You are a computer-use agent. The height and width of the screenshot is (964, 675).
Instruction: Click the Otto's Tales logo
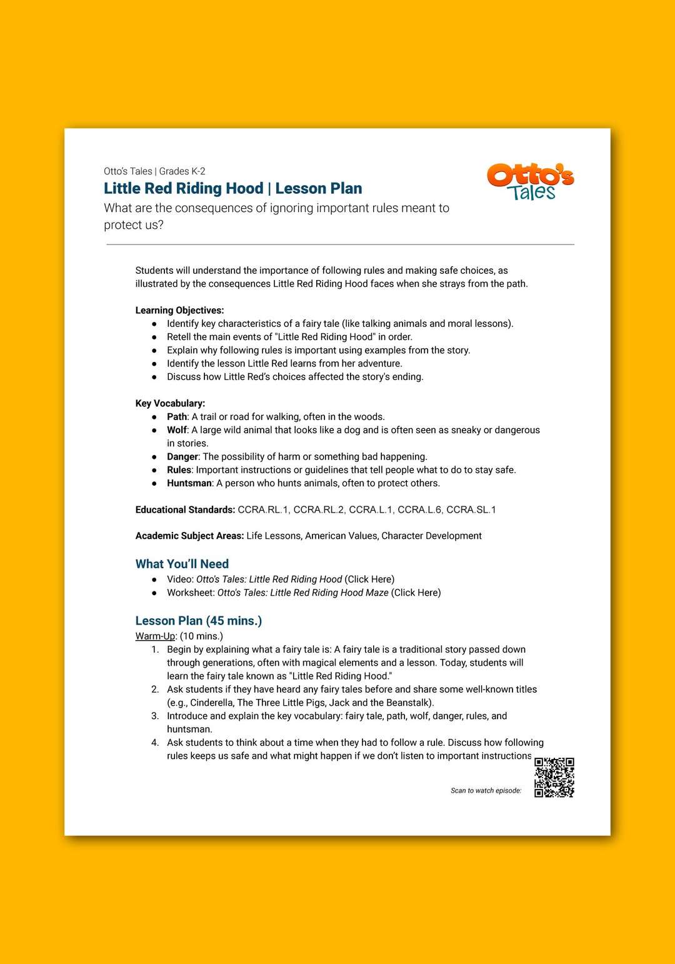(530, 182)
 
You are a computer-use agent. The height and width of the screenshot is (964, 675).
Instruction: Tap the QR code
(554, 778)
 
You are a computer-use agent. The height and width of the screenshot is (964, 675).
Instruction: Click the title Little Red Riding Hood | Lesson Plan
(232, 188)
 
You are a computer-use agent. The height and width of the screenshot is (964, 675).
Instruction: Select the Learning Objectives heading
(179, 310)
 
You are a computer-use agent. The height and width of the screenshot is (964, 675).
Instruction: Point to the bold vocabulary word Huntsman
(189, 483)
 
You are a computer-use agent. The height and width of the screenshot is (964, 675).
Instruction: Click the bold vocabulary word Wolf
(176, 430)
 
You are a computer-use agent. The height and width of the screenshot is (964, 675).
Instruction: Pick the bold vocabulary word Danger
(182, 457)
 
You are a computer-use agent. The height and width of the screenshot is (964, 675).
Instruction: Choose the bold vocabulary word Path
(177, 417)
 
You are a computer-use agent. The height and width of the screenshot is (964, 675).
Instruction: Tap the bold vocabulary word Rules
(179, 470)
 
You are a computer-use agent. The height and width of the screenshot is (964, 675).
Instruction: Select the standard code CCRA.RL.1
(263, 510)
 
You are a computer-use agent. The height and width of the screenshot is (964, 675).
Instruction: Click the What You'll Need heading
(182, 564)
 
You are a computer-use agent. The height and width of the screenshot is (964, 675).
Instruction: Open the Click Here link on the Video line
(369, 580)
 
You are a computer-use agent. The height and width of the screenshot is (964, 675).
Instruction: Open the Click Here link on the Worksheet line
(416, 593)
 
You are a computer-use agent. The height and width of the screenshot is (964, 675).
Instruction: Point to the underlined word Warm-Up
(155, 636)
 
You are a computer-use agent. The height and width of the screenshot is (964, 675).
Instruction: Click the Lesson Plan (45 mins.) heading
(198, 621)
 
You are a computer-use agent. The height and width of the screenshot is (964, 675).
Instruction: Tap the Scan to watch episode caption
(486, 791)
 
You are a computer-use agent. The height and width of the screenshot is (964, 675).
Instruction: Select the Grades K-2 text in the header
(182, 171)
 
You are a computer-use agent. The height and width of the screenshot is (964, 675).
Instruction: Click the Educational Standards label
(185, 510)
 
